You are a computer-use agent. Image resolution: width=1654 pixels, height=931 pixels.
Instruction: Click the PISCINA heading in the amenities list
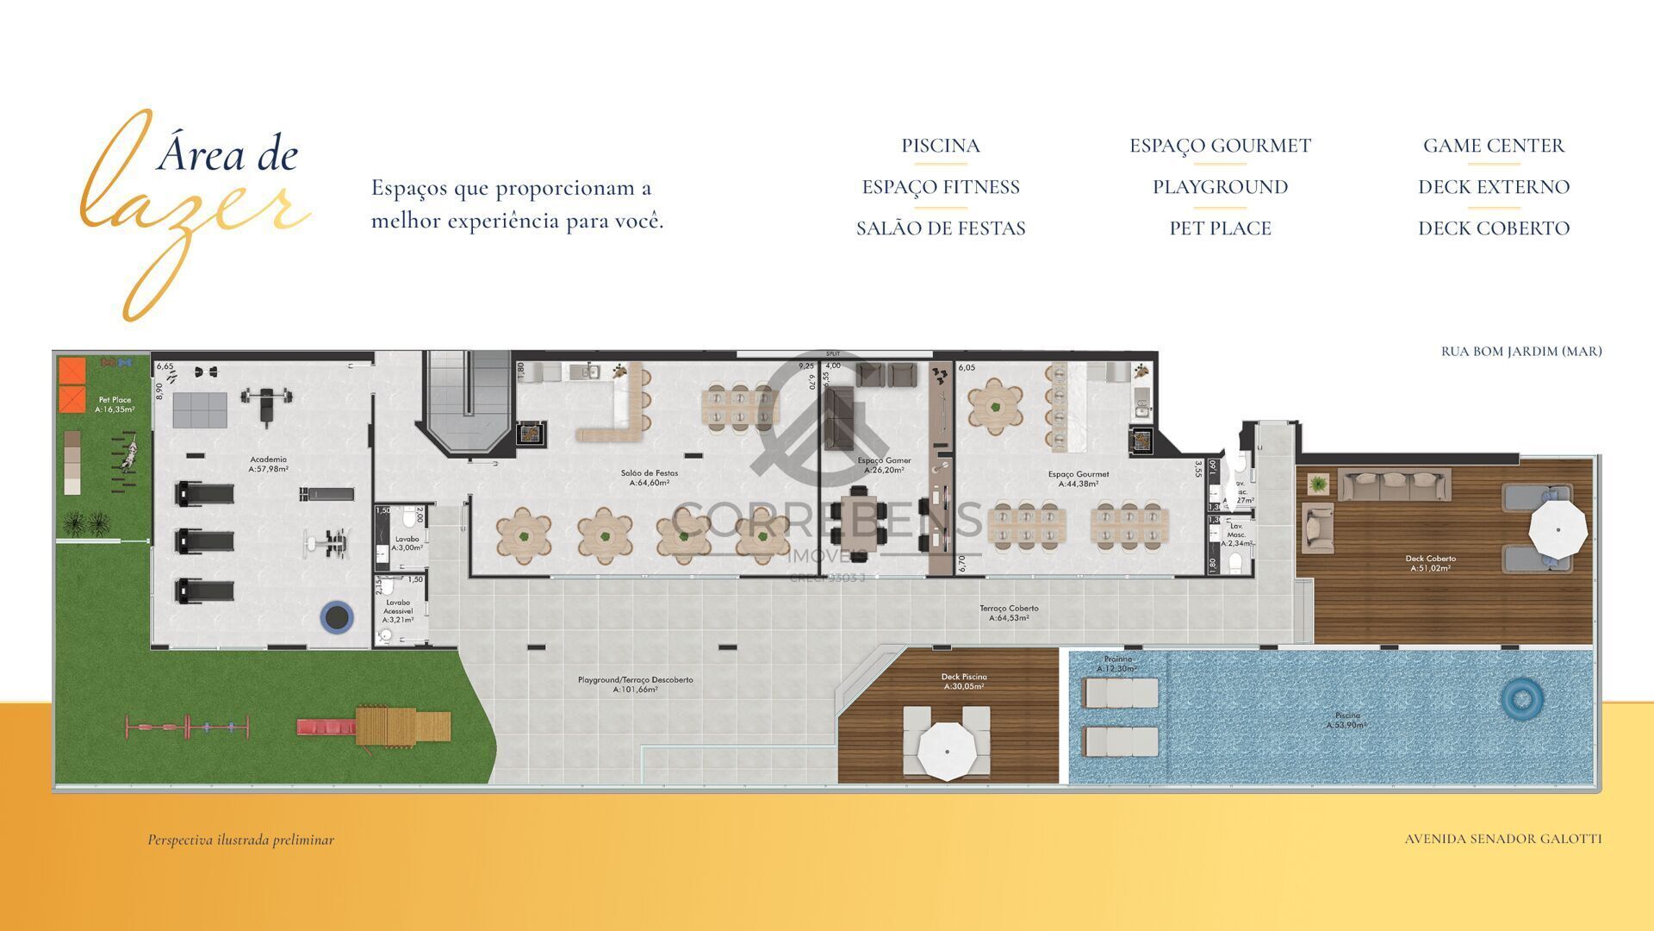(x=941, y=146)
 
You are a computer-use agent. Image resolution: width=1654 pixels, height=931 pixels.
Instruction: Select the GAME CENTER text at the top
(x=1493, y=146)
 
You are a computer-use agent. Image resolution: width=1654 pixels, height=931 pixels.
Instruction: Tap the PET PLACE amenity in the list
(x=1220, y=228)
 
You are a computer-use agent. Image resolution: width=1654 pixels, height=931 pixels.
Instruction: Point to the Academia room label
(x=268, y=464)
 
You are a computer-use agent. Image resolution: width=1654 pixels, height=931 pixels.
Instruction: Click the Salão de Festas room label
(x=650, y=478)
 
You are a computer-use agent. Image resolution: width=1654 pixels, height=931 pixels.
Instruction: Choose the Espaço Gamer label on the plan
(x=884, y=465)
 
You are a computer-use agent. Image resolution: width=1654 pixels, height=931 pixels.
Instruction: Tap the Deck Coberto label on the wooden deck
(x=1430, y=563)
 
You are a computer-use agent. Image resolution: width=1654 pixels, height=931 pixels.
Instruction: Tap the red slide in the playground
(x=326, y=727)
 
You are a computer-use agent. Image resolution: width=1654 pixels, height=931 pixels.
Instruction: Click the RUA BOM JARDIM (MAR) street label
(x=1521, y=351)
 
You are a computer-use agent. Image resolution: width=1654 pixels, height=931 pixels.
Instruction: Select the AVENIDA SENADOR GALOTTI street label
(x=1503, y=839)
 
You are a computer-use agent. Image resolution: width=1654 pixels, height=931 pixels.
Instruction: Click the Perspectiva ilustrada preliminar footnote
(x=240, y=840)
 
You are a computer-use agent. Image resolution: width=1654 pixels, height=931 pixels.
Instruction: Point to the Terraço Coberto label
(x=1009, y=613)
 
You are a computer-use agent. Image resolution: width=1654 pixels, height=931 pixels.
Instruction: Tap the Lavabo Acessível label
(x=398, y=610)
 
